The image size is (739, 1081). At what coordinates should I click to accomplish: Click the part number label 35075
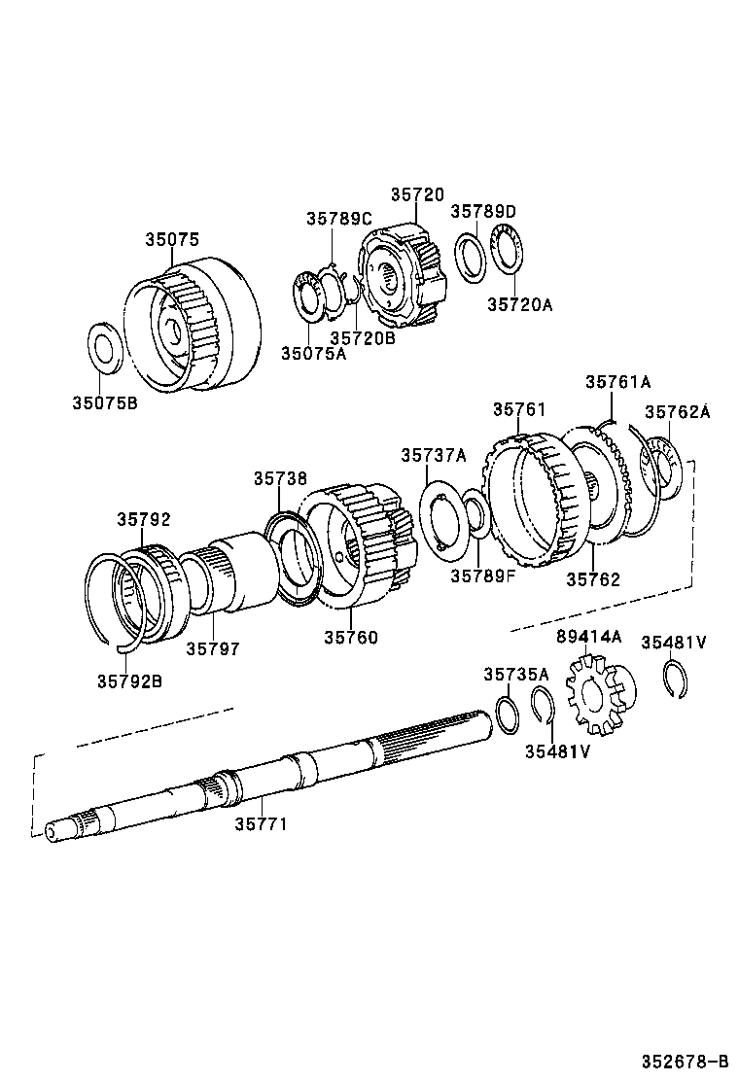coord(172,238)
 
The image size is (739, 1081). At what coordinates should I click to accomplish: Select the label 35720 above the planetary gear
coord(417,194)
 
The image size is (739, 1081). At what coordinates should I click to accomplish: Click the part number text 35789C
coord(339,219)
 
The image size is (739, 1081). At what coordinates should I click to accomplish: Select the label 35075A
coord(313,353)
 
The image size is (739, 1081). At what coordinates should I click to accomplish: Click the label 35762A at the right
coord(677,412)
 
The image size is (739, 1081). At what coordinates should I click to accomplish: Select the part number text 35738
coord(280,478)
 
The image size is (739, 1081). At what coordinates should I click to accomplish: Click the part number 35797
coord(213,647)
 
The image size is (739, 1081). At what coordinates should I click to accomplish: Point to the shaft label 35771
coord(261,823)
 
